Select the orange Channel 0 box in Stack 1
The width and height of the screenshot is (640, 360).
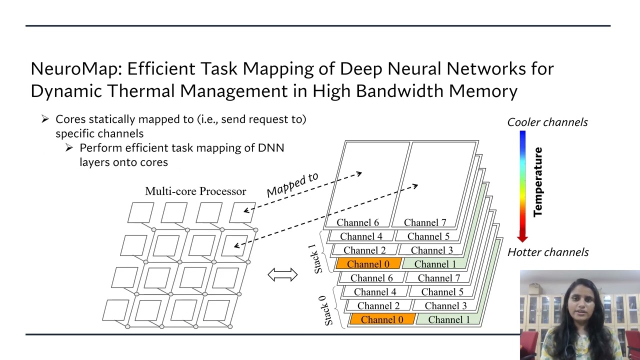[368, 264]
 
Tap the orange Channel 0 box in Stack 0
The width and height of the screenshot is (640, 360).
[381, 319]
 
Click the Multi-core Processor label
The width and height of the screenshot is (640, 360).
[195, 191]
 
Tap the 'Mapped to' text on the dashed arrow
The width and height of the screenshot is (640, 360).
[292, 184]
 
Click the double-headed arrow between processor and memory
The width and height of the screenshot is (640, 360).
[282, 274]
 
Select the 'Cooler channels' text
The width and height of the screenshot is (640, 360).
[547, 122]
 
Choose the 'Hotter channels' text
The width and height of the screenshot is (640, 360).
[548, 252]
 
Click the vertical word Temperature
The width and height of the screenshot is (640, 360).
[538, 182]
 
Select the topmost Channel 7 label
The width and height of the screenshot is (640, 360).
[424, 222]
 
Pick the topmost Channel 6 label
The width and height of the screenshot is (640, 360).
[357, 222]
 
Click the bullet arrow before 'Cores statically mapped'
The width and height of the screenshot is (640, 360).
[45, 119]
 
